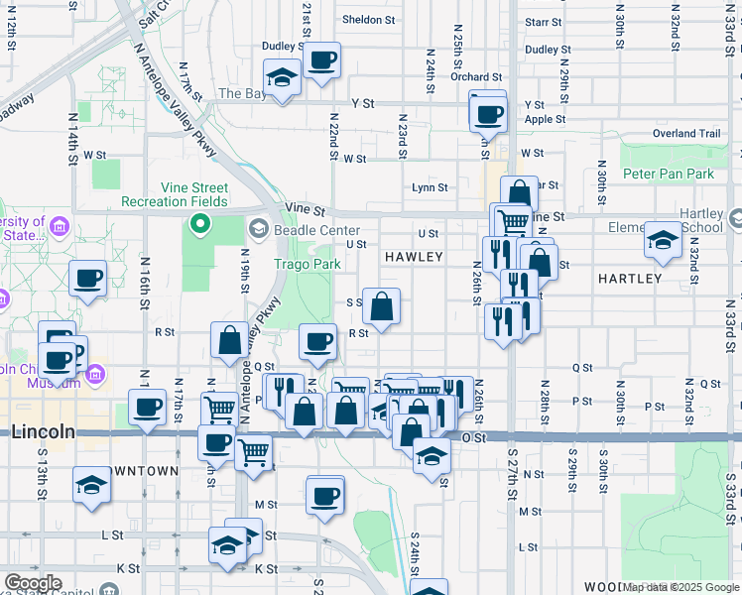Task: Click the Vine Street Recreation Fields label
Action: [x=175, y=194]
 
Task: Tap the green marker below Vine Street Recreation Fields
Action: [x=199, y=223]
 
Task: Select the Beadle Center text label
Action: [x=304, y=230]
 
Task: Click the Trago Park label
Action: [x=307, y=265]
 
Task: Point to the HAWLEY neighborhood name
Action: [x=414, y=257]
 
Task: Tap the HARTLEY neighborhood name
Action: [x=629, y=279]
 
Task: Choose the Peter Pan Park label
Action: [x=668, y=174]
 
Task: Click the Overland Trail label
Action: [x=685, y=134]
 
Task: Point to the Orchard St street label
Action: [x=475, y=77]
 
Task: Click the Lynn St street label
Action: [x=430, y=187]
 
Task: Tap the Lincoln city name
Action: [x=44, y=431]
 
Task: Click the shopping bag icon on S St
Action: [x=381, y=306]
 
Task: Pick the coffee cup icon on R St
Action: [x=317, y=342]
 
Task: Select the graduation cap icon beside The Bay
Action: [x=283, y=77]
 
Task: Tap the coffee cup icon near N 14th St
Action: [x=87, y=279]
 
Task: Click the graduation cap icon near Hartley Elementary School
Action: [x=663, y=240]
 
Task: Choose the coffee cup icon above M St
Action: [x=324, y=494]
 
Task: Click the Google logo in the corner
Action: [x=33, y=583]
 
